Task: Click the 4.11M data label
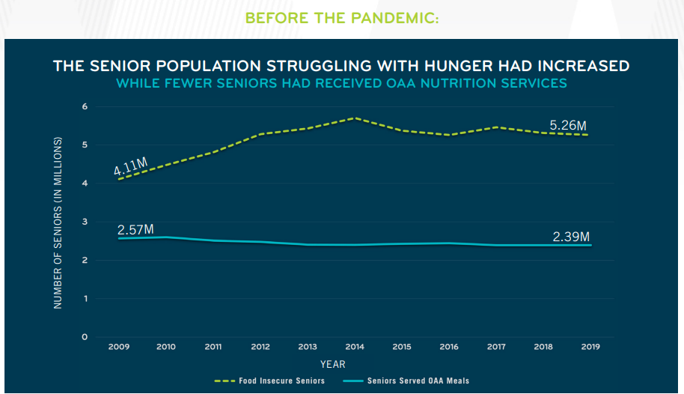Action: tap(130, 166)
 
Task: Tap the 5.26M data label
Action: tap(568, 125)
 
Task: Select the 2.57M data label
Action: tap(135, 229)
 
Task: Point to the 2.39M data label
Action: tap(571, 237)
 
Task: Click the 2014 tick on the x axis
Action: tap(355, 347)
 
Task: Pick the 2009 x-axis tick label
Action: tap(119, 347)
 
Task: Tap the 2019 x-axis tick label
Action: tap(590, 347)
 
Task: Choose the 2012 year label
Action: tap(260, 347)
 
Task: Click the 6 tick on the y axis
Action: tap(85, 106)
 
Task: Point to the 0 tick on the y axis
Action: tap(85, 337)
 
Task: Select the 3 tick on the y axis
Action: tap(85, 222)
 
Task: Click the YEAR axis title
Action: tap(333, 364)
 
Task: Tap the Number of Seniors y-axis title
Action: tap(58, 222)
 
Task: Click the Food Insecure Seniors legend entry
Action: tap(269, 381)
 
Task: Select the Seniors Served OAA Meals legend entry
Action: tap(406, 381)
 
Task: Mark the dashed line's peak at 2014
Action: tap(355, 118)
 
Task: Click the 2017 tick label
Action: tap(496, 347)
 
